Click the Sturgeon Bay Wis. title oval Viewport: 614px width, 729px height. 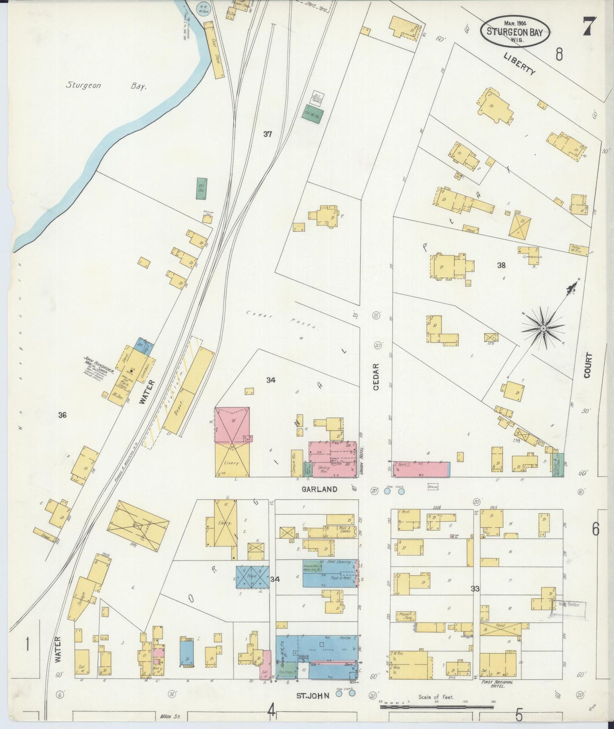515,32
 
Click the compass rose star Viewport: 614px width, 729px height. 543,329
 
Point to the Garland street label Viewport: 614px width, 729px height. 320,489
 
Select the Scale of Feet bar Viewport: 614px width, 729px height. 436,706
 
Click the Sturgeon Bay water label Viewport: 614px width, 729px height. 106,85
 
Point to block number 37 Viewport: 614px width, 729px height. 267,134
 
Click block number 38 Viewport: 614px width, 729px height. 501,265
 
